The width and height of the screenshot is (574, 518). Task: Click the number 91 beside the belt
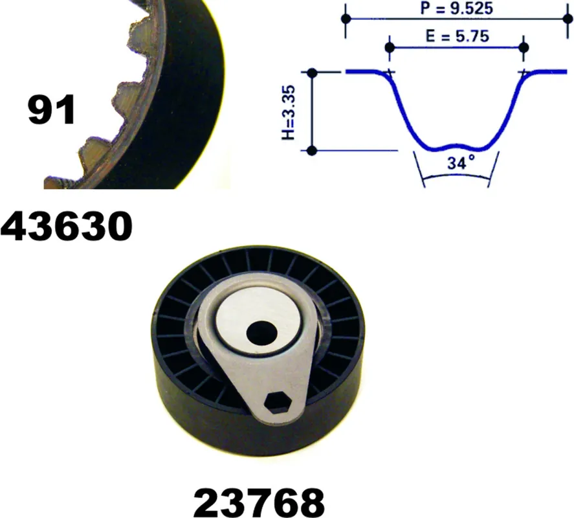(x=51, y=109)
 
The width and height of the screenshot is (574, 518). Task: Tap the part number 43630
(x=66, y=227)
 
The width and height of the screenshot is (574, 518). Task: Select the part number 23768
(x=259, y=502)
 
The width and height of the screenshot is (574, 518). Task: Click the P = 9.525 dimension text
(x=456, y=8)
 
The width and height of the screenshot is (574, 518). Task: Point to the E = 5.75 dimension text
(x=458, y=36)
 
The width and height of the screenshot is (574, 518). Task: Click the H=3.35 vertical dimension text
(x=289, y=113)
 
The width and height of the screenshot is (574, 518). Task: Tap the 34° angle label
(x=461, y=163)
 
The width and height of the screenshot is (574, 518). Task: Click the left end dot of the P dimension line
(x=346, y=18)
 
